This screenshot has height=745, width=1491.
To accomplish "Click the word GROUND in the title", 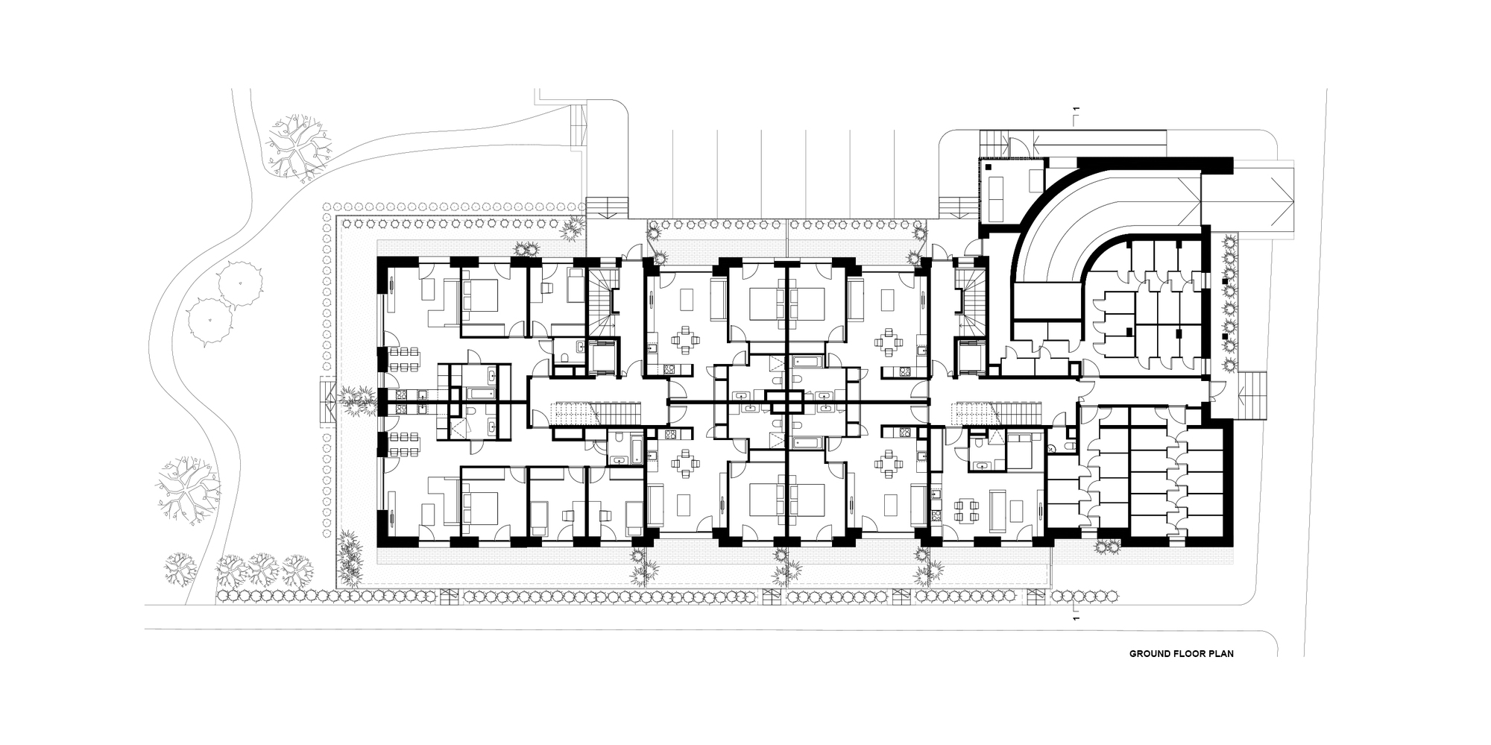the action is (1149, 654).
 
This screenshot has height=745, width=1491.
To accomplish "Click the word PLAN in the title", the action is (1223, 654).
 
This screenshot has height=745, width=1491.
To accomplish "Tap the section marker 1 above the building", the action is (1075, 113).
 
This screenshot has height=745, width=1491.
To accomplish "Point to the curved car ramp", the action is (1059, 216).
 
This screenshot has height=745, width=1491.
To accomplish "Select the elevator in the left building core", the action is (602, 357).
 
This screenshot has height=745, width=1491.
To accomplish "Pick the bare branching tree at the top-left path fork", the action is (296, 147).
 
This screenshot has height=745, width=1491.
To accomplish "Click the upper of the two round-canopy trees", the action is (240, 282).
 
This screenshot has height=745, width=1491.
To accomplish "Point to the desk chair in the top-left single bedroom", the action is (545, 288).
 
